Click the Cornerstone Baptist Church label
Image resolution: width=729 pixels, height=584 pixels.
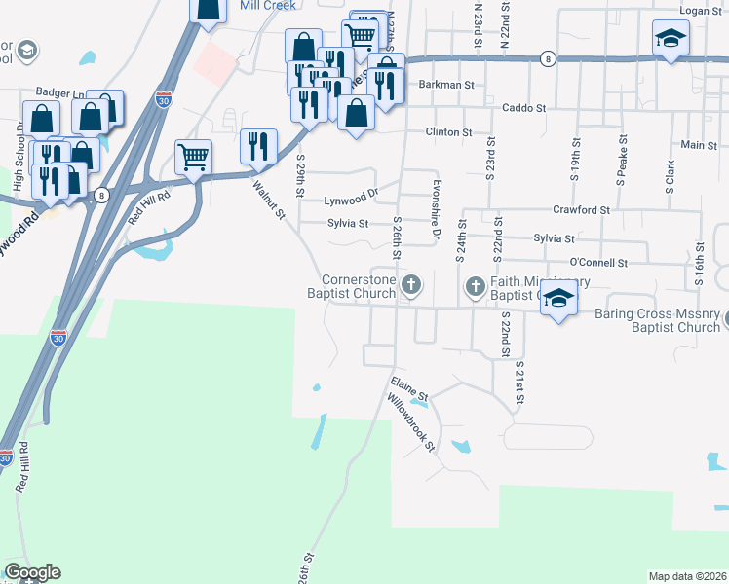(x=353, y=285)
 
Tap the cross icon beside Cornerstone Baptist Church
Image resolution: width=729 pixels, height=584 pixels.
(x=412, y=285)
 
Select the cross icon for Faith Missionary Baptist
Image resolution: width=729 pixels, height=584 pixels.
(x=475, y=286)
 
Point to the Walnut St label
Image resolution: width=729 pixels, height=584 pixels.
(x=269, y=199)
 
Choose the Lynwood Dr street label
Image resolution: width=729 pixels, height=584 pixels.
(x=351, y=201)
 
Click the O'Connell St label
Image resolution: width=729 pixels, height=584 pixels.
(x=597, y=262)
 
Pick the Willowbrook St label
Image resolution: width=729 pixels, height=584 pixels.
(x=410, y=420)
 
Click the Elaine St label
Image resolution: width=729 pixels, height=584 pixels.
(x=409, y=386)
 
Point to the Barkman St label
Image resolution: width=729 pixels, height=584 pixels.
(x=445, y=85)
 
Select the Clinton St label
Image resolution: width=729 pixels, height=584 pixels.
(x=448, y=131)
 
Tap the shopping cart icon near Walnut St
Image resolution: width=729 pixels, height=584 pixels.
(x=194, y=156)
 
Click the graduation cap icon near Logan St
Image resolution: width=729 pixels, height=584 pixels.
(x=670, y=39)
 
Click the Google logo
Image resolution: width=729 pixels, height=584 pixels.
(x=32, y=572)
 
